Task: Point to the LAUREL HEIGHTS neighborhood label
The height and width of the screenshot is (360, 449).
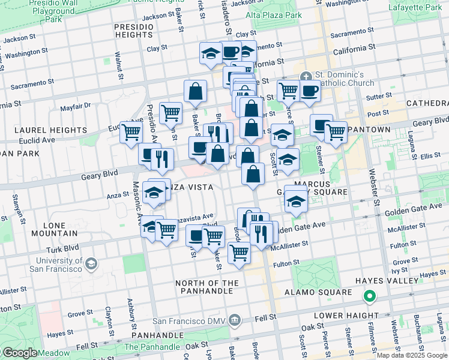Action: (51, 130)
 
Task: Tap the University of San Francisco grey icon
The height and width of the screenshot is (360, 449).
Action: (91, 263)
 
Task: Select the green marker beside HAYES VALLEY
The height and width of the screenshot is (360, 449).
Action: (370, 296)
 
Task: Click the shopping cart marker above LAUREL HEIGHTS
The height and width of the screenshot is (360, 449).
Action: (170, 112)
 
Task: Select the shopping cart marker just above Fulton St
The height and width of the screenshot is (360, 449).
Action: (239, 252)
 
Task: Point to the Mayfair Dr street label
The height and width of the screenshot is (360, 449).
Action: (75, 106)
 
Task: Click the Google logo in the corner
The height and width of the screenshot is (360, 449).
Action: (19, 353)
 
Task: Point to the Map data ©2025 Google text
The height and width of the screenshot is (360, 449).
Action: (411, 355)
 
